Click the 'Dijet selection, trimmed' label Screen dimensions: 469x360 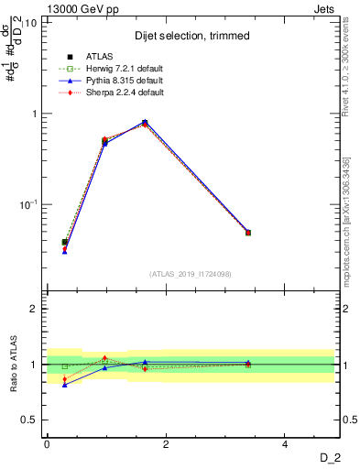point(192,35)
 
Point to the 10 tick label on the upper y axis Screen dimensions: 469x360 point(31,22)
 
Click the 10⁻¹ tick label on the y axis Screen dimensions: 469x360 point(27,203)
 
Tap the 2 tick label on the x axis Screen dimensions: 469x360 point(166,444)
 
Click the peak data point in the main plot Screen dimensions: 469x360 point(145,123)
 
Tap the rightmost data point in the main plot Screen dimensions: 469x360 point(247,233)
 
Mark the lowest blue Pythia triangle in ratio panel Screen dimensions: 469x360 point(64,385)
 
